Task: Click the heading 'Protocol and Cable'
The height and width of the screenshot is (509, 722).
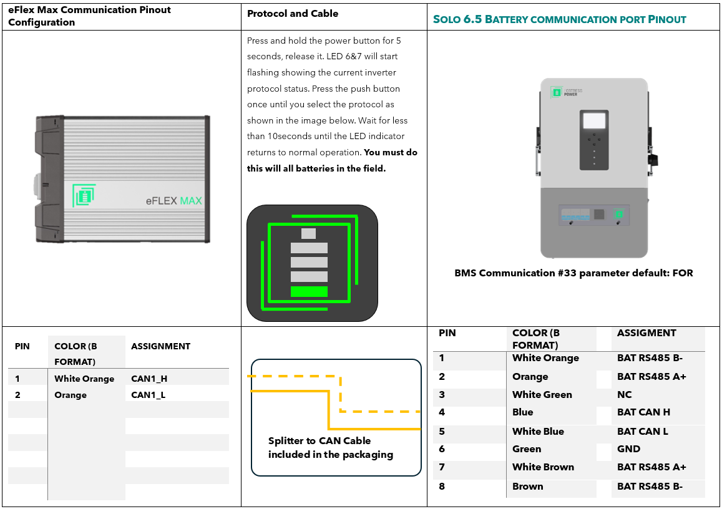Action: point(293,14)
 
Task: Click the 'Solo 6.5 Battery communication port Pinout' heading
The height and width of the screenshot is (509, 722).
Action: point(559,19)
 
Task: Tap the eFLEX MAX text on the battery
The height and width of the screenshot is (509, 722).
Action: point(173,201)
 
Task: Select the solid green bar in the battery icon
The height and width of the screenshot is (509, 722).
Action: point(309,291)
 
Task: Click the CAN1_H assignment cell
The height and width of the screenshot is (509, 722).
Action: point(149,379)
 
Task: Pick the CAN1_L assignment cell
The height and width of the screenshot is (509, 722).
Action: point(148,395)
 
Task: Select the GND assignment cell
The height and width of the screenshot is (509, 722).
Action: point(628,449)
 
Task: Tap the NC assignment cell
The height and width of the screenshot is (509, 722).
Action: point(624,395)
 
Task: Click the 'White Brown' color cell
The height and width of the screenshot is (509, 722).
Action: point(543,467)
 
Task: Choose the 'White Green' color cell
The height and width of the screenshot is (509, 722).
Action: point(542,395)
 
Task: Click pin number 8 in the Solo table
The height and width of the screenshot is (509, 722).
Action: point(442,487)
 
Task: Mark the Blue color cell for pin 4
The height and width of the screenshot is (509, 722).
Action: point(523,412)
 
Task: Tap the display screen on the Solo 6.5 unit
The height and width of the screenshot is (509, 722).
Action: point(593,120)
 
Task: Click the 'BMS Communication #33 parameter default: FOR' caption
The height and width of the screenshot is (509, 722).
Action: point(573,273)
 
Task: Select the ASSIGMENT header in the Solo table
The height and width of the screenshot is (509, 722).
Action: point(646,333)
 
